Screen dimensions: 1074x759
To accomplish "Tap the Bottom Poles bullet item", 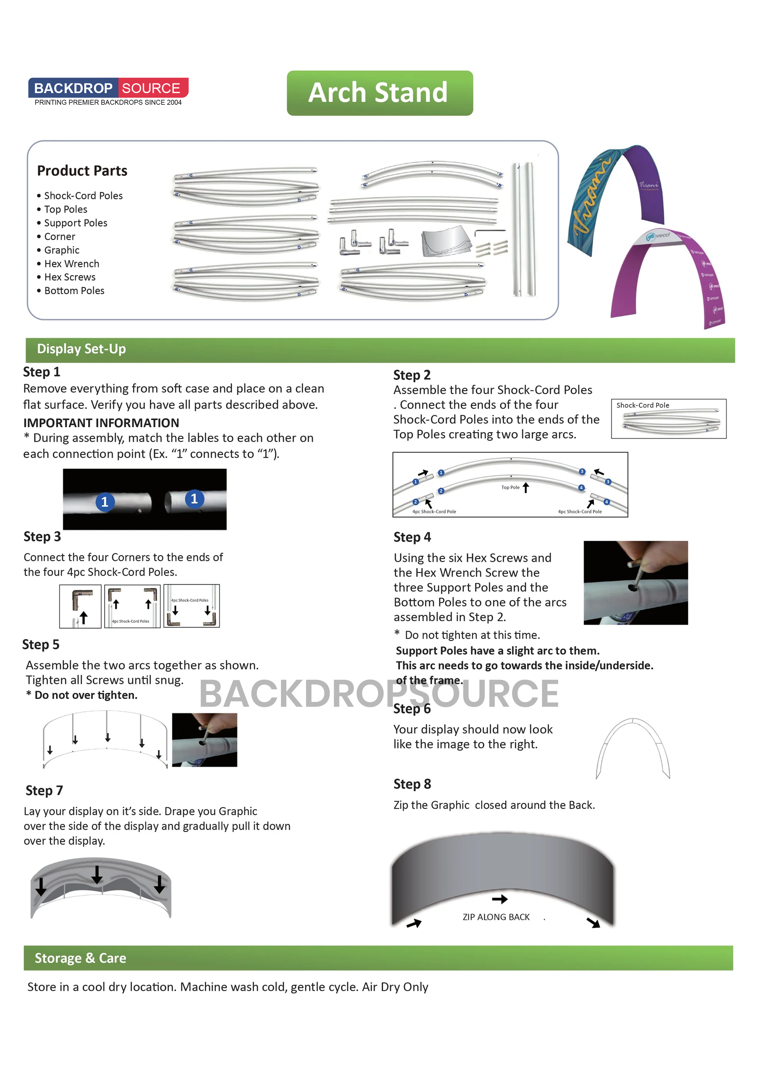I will click(74, 291).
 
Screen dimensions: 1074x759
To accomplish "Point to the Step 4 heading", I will click(412, 537).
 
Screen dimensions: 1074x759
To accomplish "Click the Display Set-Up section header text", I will click(81, 349).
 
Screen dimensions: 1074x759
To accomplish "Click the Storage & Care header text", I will click(80, 958).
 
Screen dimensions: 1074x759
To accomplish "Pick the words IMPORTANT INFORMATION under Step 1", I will click(101, 423).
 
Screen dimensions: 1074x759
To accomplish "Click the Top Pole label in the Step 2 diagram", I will click(510, 487).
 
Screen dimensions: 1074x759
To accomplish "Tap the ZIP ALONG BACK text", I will click(496, 917).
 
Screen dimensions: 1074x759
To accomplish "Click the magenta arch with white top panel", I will click(669, 276).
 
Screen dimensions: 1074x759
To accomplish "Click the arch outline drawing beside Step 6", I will click(632, 748).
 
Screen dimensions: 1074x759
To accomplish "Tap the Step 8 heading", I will click(412, 784).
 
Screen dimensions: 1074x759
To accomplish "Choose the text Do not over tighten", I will click(86, 695).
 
